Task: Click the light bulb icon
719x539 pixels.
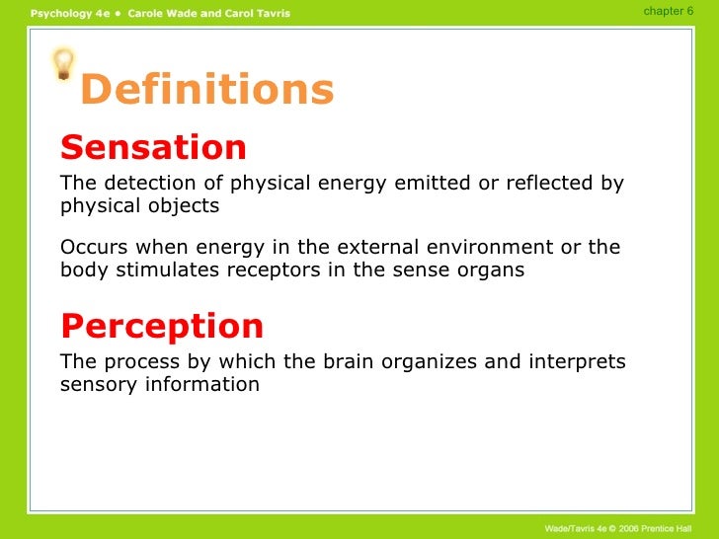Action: [x=63, y=64]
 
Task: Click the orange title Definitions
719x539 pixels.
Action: [x=207, y=89]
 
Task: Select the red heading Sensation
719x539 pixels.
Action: [x=154, y=147]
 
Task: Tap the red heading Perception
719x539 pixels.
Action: [x=162, y=327]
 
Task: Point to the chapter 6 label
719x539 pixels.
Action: [x=668, y=11]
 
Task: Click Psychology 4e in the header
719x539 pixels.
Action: [x=70, y=13]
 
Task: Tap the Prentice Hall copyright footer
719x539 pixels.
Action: [x=618, y=528]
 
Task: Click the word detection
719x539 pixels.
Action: [x=150, y=183]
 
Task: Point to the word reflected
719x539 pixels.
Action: [x=550, y=183]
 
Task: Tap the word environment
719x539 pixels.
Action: [x=490, y=247]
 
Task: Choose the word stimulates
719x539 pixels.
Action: [x=167, y=269]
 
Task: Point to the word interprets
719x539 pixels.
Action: [x=578, y=362]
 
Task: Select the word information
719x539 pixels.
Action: [x=202, y=384]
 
